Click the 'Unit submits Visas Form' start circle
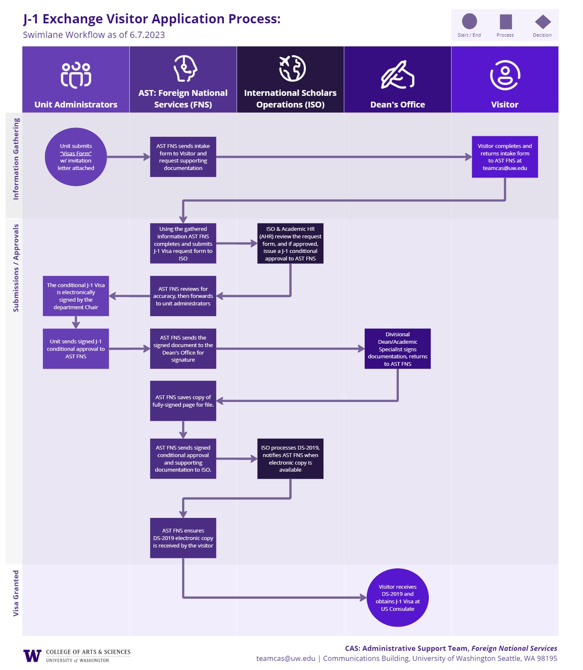(76, 157)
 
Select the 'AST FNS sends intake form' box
(183, 157)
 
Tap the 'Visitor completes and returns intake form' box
(505, 157)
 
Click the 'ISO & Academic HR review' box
(290, 243)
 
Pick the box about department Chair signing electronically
(76, 296)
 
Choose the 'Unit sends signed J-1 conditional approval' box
(76, 349)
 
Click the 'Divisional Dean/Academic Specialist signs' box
(398, 349)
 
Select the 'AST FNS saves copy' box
(183, 401)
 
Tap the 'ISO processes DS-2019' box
(290, 459)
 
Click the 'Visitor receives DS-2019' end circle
(398, 597)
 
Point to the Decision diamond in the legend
(543, 22)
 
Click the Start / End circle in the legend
(469, 22)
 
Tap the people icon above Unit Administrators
(76, 75)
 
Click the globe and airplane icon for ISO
(292, 68)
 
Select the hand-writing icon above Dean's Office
(398, 75)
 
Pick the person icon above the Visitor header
(505, 75)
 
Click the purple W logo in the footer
(33, 656)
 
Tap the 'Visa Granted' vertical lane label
(16, 593)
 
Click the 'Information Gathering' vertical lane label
(16, 159)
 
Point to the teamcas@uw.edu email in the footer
(286, 658)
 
